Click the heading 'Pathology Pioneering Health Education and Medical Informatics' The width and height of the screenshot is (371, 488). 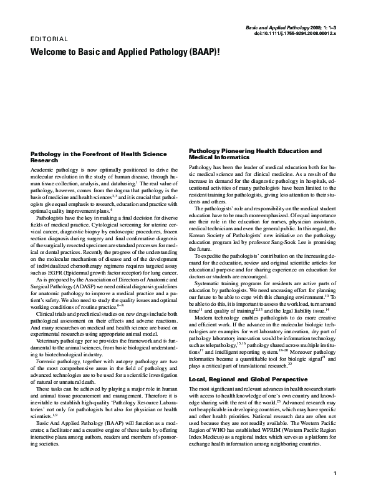pyautogui.click(x=255, y=154)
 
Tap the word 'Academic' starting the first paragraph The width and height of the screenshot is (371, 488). pyautogui.click(x=42, y=170)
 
